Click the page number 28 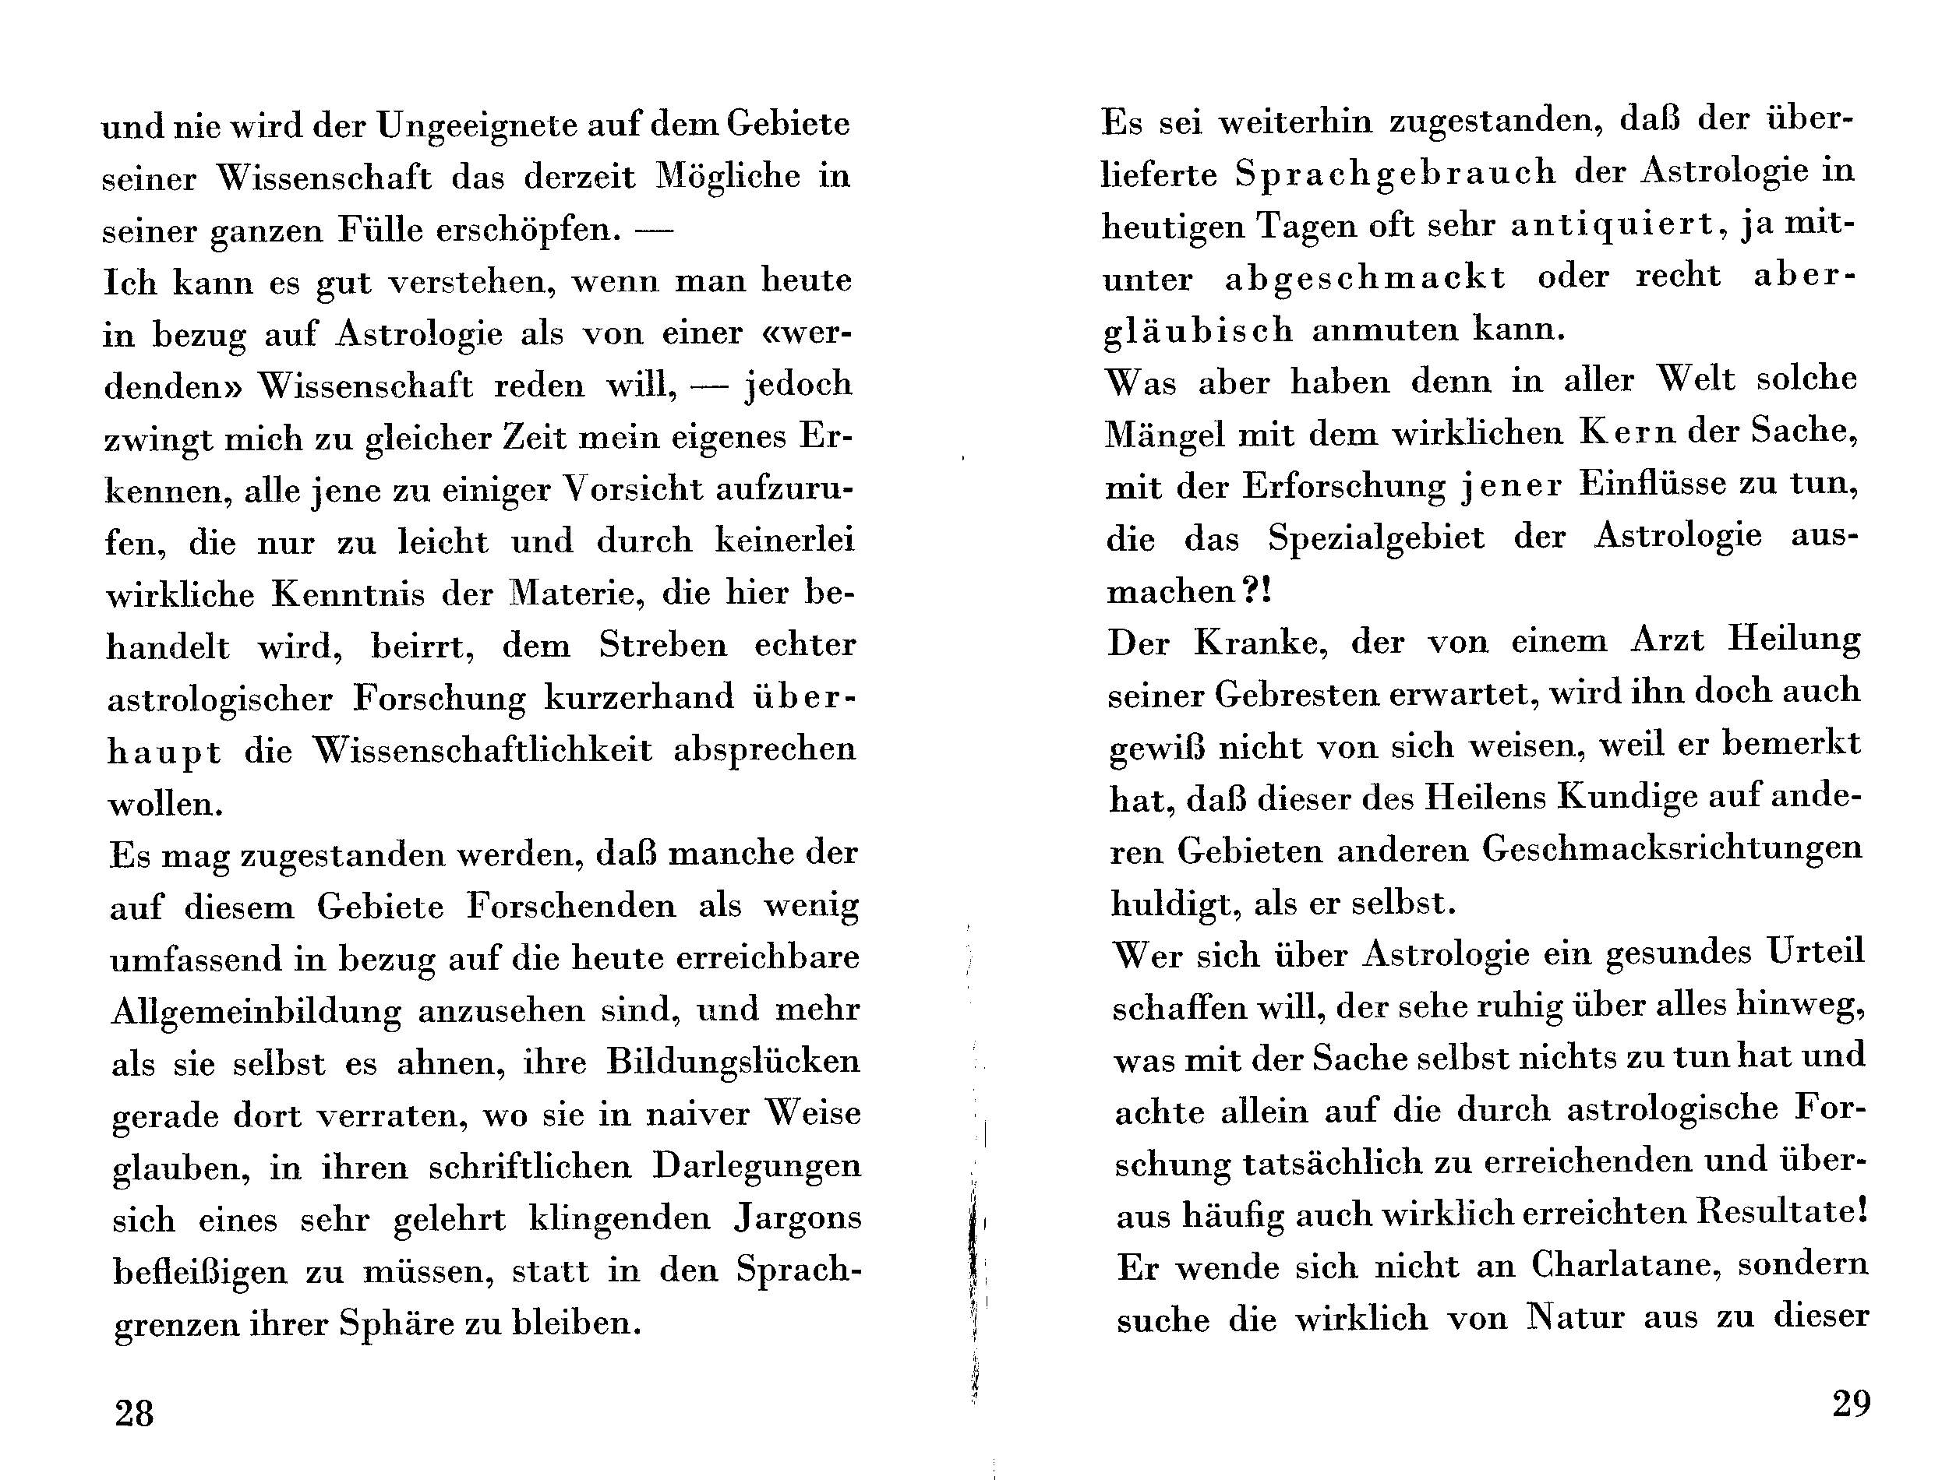tap(134, 1413)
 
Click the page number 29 tap(1852, 1403)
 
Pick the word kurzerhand tap(638, 698)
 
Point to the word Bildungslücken tap(733, 1062)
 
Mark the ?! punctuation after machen tap(1256, 590)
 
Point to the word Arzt tap(1667, 640)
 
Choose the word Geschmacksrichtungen tap(1672, 850)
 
